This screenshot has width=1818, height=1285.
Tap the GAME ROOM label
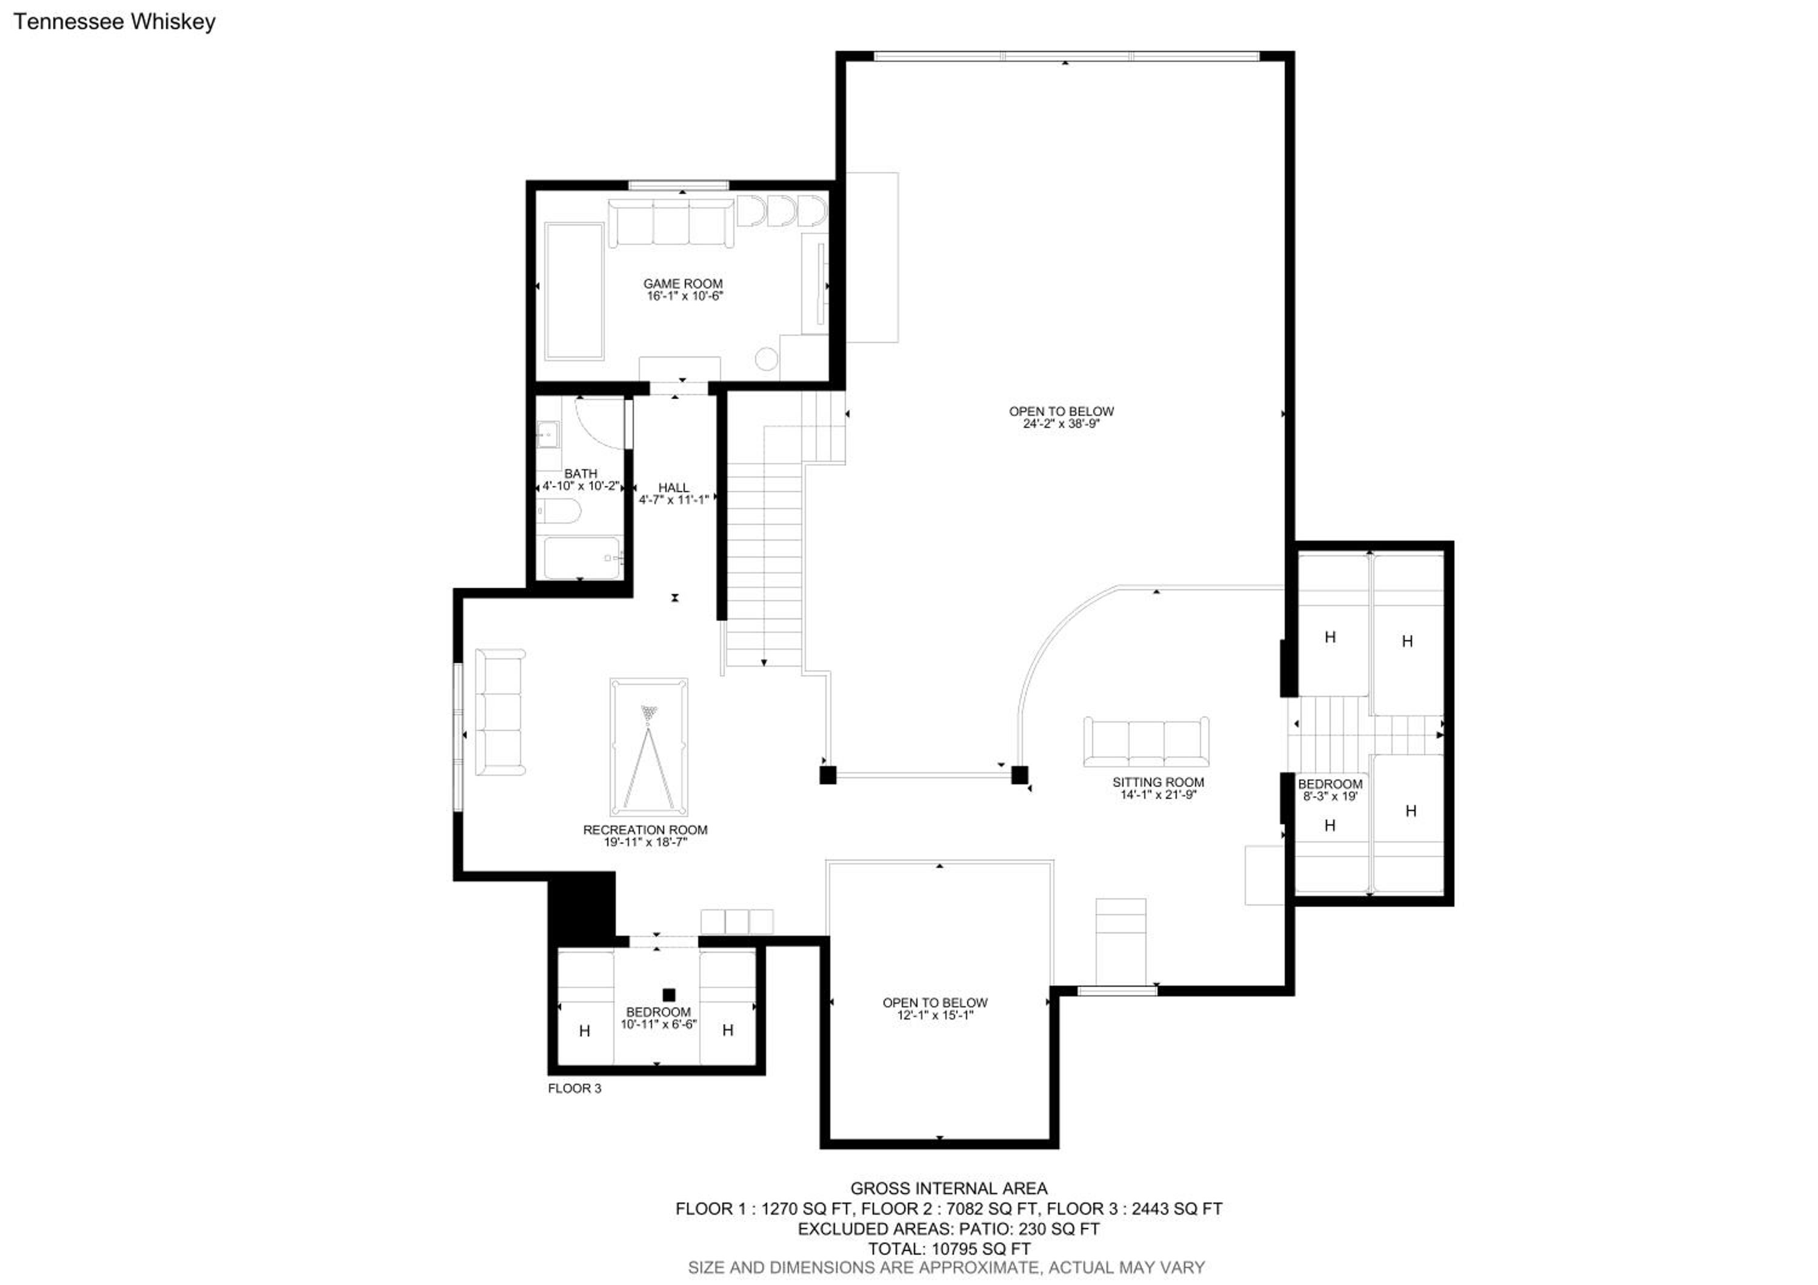[x=682, y=284]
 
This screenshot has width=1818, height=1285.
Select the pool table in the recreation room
[x=648, y=747]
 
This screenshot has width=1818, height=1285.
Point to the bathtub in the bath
[x=582, y=558]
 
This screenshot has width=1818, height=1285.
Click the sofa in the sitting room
[x=1146, y=742]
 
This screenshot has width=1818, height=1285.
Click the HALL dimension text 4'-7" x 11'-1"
[x=674, y=499]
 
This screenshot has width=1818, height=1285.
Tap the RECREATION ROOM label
[x=645, y=830]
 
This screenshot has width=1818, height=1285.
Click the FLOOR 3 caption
[x=575, y=1089]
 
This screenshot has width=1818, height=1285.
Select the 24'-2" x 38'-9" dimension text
[x=1061, y=424]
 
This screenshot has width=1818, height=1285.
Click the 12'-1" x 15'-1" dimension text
[x=935, y=1015]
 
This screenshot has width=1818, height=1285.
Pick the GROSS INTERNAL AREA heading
[x=948, y=1189]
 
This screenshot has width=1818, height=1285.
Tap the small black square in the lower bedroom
[x=669, y=995]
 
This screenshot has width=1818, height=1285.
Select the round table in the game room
[x=766, y=359]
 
